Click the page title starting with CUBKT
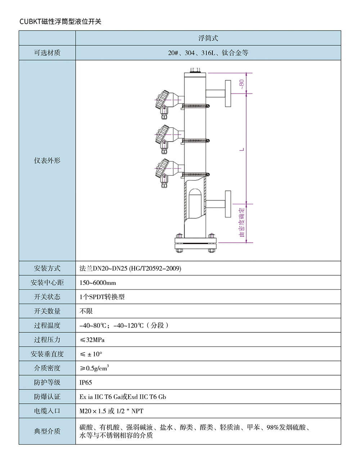pyautogui.click(x=60, y=22)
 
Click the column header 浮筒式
pyautogui.click(x=208, y=38)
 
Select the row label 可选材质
pyautogui.click(x=47, y=53)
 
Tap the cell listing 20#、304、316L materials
pyautogui.click(x=208, y=53)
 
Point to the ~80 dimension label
pyautogui.click(x=242, y=85)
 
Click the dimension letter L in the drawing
pyautogui.click(x=242, y=149)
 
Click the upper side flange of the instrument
pyautogui.click(x=228, y=94)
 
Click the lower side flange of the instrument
pyautogui.click(x=228, y=204)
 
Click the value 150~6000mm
pyautogui.click(x=98, y=283)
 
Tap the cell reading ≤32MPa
pyautogui.click(x=92, y=340)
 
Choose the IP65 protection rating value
pyautogui.click(x=86, y=382)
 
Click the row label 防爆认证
pyautogui.click(x=47, y=397)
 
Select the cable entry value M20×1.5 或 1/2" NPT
pyautogui.click(x=111, y=411)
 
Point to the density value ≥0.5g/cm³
pyautogui.click(x=94, y=368)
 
